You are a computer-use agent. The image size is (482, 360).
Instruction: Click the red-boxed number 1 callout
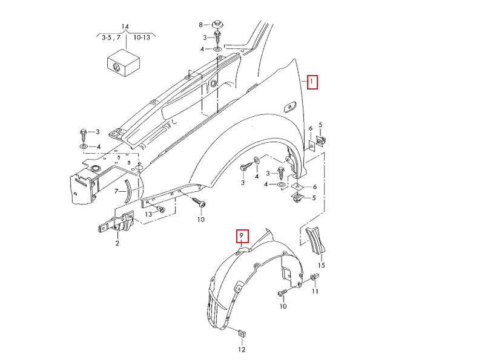click(312, 82)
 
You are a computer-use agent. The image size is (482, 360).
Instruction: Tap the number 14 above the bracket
click(125, 27)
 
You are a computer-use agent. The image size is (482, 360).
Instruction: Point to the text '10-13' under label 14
click(142, 38)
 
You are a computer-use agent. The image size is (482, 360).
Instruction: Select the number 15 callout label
click(321, 265)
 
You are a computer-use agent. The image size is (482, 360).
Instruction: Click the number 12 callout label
click(241, 349)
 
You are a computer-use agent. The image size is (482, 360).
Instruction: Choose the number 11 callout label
click(315, 292)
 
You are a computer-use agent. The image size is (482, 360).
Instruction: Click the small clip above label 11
click(315, 278)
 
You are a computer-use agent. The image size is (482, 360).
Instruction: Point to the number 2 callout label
click(117, 243)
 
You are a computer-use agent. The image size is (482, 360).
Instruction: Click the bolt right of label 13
click(160, 209)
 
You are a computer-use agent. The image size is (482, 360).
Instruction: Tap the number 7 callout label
click(117, 191)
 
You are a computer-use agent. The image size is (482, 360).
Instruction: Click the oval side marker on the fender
click(288, 108)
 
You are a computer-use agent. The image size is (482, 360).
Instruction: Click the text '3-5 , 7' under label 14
click(111, 38)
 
